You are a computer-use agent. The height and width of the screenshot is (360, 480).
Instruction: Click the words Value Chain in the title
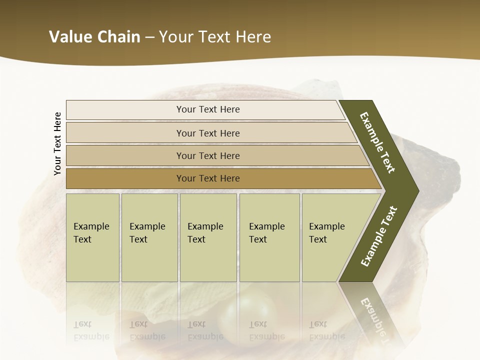[94, 36]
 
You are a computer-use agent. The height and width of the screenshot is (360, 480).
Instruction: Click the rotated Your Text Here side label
[57, 143]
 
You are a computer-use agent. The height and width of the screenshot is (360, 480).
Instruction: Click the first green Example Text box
[92, 237]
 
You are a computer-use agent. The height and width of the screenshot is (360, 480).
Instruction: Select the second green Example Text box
[149, 237]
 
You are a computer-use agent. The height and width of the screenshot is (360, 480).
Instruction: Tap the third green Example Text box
[208, 237]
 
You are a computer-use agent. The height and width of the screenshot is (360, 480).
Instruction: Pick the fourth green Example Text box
[269, 237]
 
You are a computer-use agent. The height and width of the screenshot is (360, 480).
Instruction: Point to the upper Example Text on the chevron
[377, 142]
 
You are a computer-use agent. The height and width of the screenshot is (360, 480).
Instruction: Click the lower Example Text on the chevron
[378, 236]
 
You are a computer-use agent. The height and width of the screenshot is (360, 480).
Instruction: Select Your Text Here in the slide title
[215, 36]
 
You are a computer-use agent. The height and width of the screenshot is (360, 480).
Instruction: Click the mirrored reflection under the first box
[91, 330]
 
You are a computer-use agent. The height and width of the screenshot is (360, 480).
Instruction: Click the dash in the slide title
[149, 37]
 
